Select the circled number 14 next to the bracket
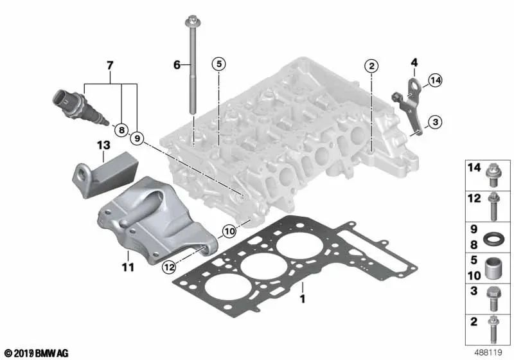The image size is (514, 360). click(436, 80)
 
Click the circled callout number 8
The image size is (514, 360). click(120, 130)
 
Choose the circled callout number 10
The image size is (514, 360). click(229, 230)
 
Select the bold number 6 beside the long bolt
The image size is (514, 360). click(177, 64)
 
